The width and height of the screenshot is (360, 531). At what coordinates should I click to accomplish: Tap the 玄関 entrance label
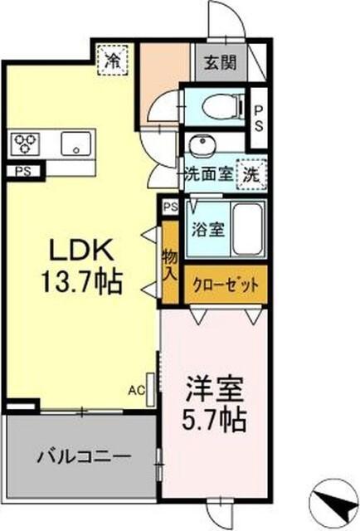pos(220,61)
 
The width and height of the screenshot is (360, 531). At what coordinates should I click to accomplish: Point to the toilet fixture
pos(223,105)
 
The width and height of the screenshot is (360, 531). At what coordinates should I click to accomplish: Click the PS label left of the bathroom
pos(170,207)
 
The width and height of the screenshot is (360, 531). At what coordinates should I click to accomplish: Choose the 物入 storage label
pos(170,265)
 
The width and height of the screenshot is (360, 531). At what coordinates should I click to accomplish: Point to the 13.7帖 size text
pos(80,282)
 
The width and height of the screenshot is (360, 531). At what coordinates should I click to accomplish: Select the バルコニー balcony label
pos(82,456)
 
